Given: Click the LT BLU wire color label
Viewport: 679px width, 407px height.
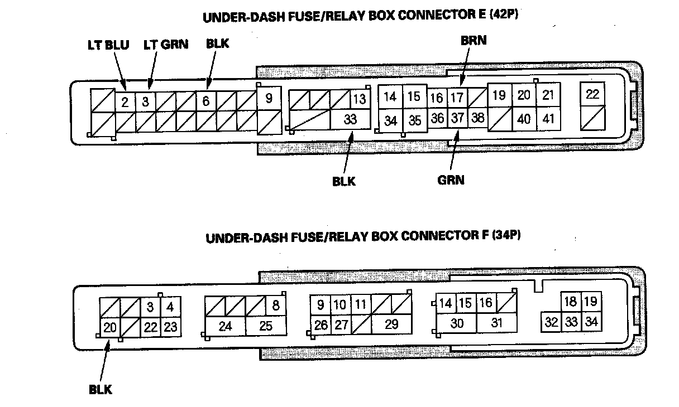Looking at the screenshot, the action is click(108, 45).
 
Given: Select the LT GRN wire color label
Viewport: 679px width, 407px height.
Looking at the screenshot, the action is click(165, 45).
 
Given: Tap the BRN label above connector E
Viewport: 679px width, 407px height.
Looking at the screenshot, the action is click(474, 41).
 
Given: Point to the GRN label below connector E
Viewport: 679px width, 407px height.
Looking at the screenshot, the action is click(451, 180).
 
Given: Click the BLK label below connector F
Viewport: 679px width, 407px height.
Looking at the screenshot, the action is click(101, 390).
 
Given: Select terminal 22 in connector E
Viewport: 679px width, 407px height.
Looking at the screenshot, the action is click(592, 94).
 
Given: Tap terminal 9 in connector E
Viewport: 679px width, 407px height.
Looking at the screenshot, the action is click(269, 99).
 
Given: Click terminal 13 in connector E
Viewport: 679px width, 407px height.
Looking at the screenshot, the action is click(360, 99).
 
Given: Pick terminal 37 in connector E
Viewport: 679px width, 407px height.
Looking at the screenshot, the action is click(457, 118).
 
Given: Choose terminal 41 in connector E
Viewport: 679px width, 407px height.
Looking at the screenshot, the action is click(548, 119).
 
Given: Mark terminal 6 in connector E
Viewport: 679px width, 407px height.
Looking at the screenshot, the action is click(206, 101).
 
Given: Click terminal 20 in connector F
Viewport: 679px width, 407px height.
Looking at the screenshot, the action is click(110, 327).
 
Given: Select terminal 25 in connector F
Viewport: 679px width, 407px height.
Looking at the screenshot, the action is click(266, 326).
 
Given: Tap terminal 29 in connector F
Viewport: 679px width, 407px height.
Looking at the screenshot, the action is click(391, 324).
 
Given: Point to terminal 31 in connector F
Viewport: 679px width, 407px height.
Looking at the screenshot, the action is click(496, 323).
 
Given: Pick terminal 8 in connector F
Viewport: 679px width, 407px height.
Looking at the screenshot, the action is click(276, 306).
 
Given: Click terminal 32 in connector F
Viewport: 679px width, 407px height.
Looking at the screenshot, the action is click(551, 322).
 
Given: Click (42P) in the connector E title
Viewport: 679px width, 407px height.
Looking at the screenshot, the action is click(504, 14).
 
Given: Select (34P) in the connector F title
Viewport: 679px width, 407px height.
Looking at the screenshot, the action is click(506, 235).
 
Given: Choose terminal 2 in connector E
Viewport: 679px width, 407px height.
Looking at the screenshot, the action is click(125, 102).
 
